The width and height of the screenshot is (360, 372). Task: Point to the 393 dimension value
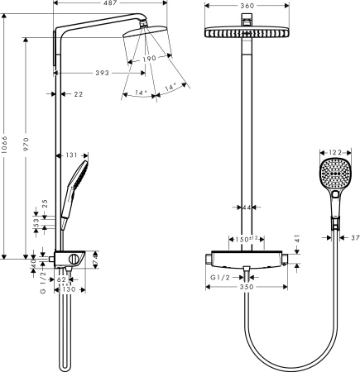coord(103,73)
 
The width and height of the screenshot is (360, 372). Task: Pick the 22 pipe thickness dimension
coord(79,94)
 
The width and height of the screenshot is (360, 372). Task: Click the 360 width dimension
coord(247,6)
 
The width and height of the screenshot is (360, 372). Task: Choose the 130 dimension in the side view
coord(69,290)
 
